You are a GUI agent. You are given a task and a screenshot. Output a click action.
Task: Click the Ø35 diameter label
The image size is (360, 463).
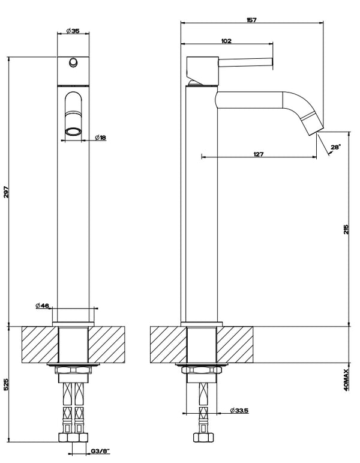(73, 31)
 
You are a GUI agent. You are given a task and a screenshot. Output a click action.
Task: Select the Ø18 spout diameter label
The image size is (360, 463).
(100, 138)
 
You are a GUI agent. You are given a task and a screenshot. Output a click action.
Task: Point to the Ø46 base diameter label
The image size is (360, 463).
(42, 305)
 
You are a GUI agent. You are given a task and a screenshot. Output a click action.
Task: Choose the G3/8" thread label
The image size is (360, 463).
(100, 450)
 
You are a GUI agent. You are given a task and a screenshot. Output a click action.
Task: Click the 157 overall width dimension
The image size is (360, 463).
(251, 20)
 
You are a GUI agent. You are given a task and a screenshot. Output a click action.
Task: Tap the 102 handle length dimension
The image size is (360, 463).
(226, 41)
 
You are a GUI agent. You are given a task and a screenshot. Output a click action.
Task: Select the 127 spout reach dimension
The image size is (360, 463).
(259, 154)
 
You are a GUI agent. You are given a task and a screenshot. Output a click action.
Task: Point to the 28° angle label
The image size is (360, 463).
(336, 147)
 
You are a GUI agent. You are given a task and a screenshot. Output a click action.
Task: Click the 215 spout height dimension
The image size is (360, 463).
(346, 229)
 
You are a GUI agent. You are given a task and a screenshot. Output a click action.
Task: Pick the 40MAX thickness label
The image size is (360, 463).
(346, 380)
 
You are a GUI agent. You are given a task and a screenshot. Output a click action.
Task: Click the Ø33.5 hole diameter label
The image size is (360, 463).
(239, 410)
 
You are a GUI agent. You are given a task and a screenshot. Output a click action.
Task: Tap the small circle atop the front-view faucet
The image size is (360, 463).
(73, 62)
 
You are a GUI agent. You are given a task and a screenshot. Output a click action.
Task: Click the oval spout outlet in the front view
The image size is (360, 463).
(73, 132)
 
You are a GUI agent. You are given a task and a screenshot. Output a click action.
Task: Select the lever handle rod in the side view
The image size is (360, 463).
(245, 62)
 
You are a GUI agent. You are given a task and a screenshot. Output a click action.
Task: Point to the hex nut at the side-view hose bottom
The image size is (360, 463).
(203, 437)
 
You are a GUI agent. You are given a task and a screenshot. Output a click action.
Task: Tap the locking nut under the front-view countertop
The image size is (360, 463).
(73, 370)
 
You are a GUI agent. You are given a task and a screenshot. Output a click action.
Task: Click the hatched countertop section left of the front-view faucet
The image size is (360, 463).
(40, 345)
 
